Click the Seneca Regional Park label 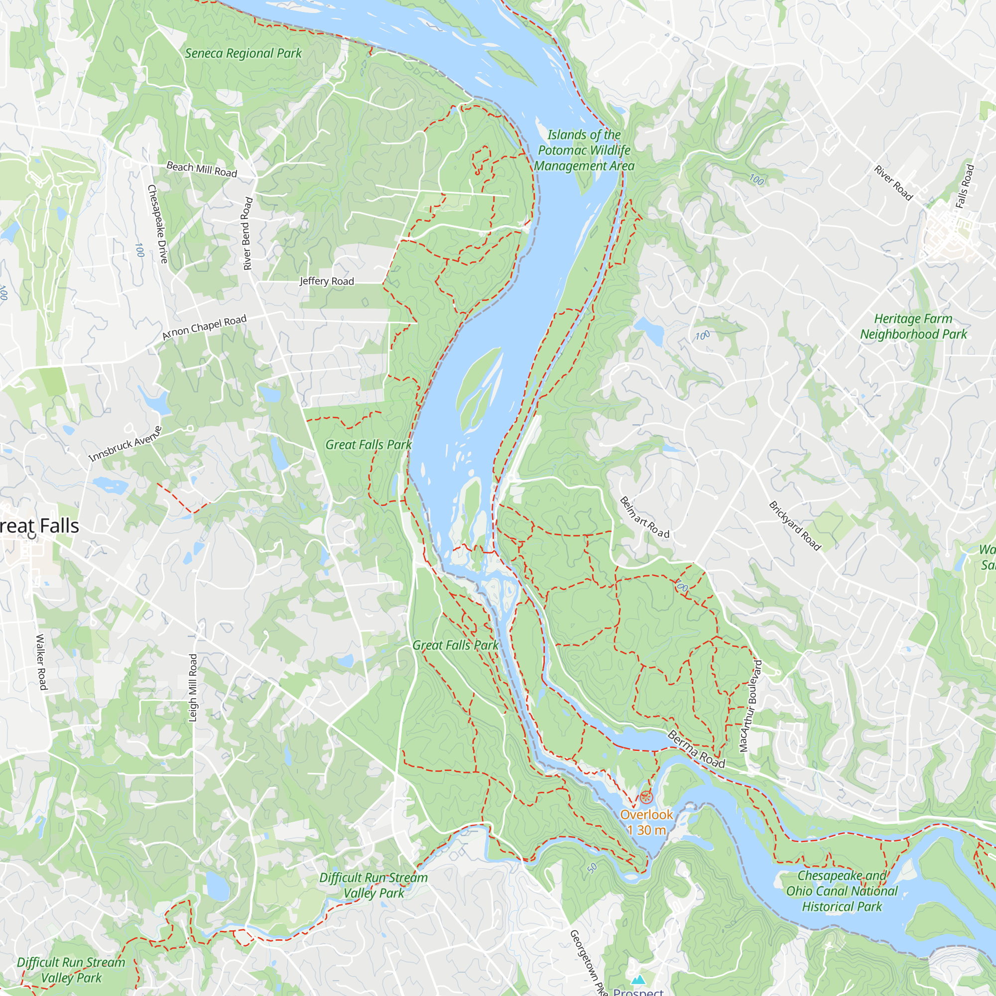243,54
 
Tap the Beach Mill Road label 202,170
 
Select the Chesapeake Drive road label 157,224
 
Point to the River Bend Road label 248,233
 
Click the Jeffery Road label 327,281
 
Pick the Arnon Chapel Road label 204,327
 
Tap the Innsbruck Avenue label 125,444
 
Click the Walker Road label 41,662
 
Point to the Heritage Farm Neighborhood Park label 913,326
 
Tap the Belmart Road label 644,517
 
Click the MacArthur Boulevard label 750,706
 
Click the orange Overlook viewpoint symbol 646,798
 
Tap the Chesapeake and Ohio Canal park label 841,891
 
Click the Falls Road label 965,186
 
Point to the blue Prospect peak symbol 638,979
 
